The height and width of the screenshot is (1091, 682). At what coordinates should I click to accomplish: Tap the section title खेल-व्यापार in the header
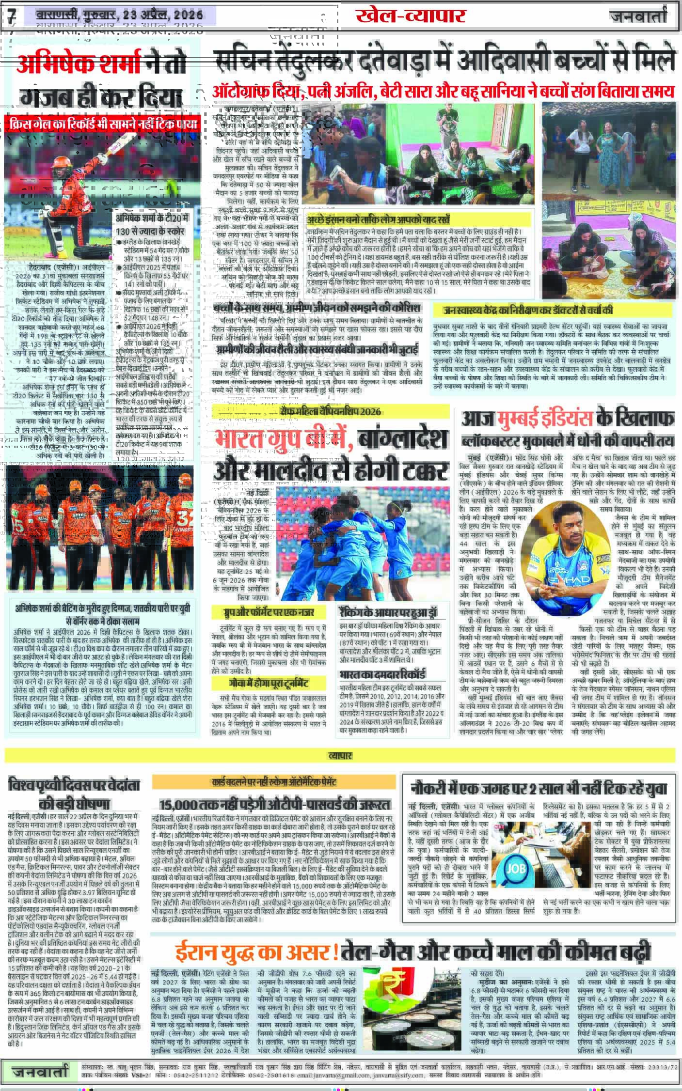coord(410,16)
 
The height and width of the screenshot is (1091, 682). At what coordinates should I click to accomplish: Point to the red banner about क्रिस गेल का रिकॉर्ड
coord(102,125)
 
